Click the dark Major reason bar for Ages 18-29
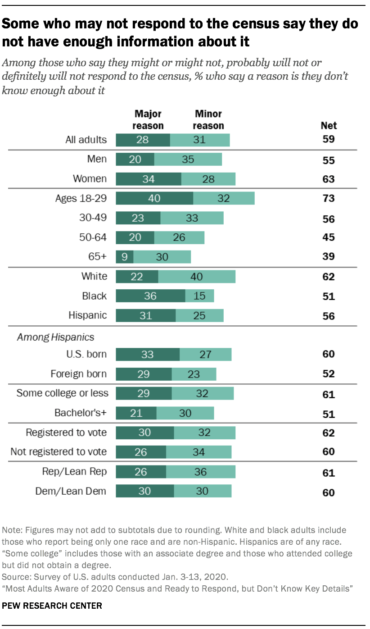coord(154,198)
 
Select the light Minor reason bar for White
coord(197,276)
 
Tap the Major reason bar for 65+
coord(124,256)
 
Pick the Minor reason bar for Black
coord(199,296)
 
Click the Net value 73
coord(328,198)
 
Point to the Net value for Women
coord(328,179)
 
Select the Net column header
coord(329,126)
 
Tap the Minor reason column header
coord(208,120)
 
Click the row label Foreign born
coord(79,374)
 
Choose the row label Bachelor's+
coord(81,413)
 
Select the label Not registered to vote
coord(59,451)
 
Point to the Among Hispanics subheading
coord(56,337)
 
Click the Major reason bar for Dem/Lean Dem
coord(144,491)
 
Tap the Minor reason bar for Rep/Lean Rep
coord(201,471)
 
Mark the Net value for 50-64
coord(328,237)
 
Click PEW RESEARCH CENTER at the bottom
coord(52,606)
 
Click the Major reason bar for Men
coord(135,160)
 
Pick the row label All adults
coord(86,140)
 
